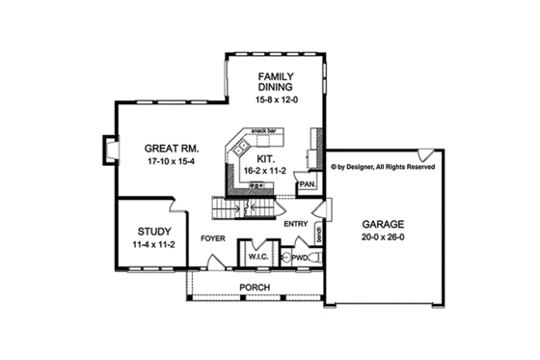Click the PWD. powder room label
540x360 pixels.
[300, 258]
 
